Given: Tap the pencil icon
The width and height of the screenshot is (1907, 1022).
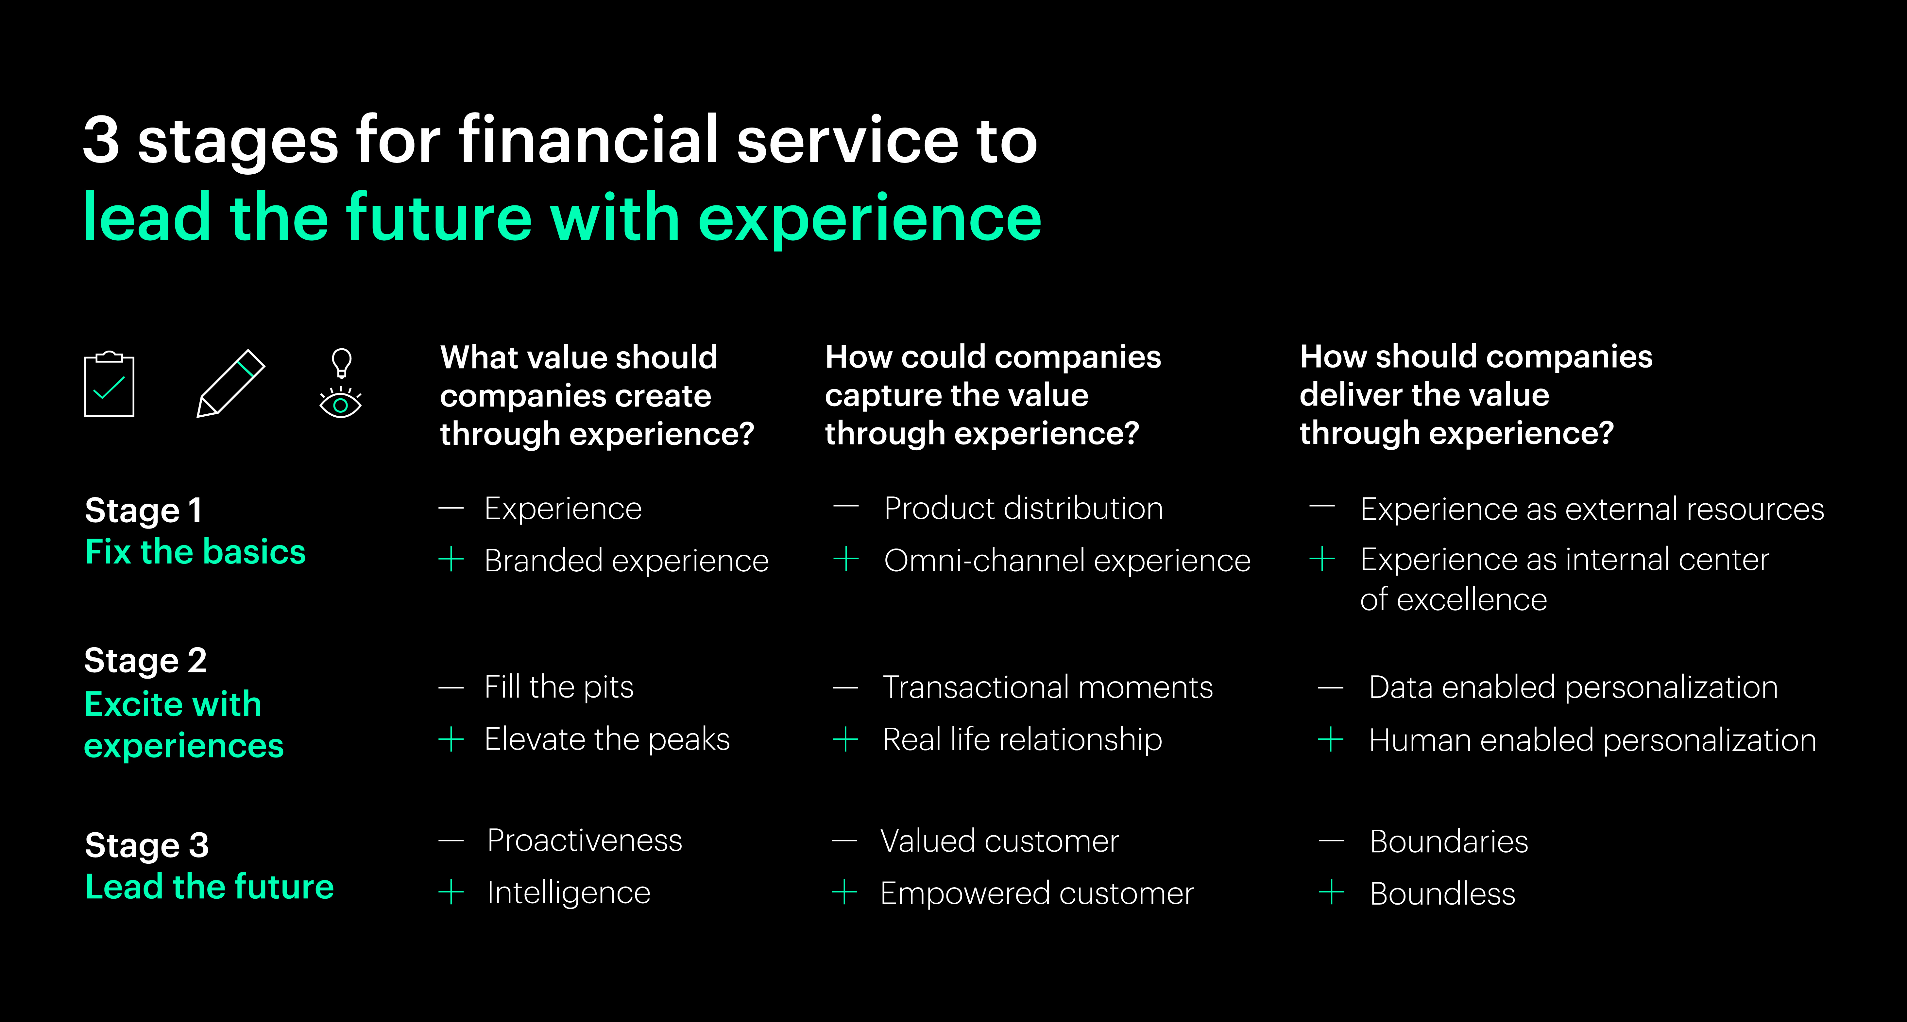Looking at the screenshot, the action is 230,384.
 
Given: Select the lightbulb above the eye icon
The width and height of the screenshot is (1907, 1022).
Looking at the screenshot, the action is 341,363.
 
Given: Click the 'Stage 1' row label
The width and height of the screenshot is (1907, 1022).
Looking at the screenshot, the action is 144,510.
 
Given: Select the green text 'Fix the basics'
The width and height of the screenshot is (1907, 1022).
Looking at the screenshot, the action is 196,552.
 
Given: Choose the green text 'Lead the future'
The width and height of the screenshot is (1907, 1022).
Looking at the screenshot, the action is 210,887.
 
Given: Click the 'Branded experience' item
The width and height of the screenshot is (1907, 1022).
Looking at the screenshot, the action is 626,561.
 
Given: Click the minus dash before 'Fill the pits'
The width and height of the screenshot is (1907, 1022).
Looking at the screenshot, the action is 451,688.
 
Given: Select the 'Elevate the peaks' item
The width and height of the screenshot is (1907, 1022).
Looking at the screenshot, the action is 607,739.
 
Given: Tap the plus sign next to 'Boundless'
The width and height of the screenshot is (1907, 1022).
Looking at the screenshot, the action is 1331,892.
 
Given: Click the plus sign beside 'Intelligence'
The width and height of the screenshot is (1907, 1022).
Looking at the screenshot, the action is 451,892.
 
